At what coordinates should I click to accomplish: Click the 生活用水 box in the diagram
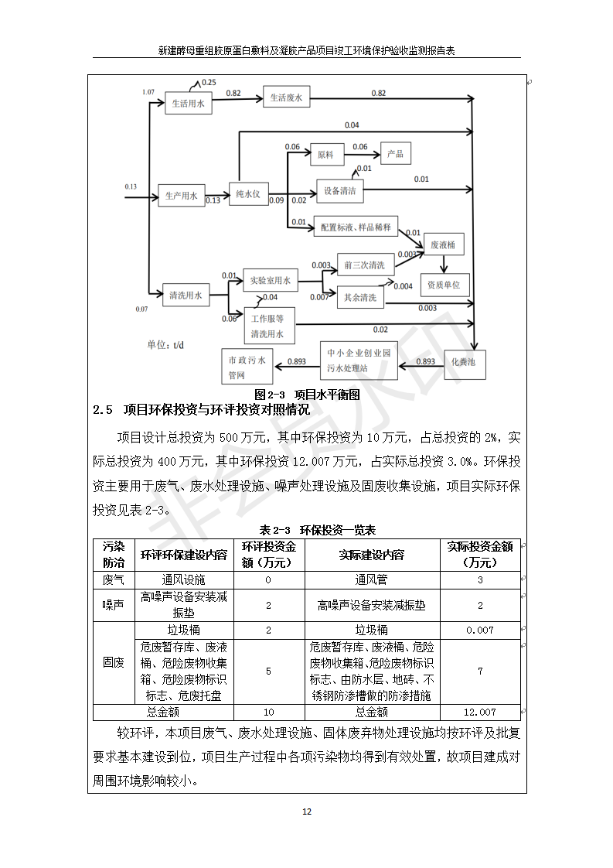click(x=188, y=103)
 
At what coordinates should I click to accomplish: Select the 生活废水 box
click(x=285, y=98)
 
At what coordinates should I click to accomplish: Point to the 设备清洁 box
click(x=339, y=191)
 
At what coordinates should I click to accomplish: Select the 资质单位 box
click(x=444, y=285)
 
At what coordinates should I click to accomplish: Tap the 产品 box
click(x=395, y=154)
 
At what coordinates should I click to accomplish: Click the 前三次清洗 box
click(x=366, y=265)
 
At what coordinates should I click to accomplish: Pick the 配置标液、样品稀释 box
click(x=355, y=227)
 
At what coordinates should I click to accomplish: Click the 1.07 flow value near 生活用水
click(x=148, y=92)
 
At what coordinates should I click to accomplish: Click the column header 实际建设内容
click(x=372, y=555)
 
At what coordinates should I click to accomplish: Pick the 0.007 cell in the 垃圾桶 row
click(x=479, y=630)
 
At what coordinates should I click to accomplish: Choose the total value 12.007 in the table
click(x=479, y=712)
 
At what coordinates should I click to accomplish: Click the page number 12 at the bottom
click(x=306, y=812)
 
